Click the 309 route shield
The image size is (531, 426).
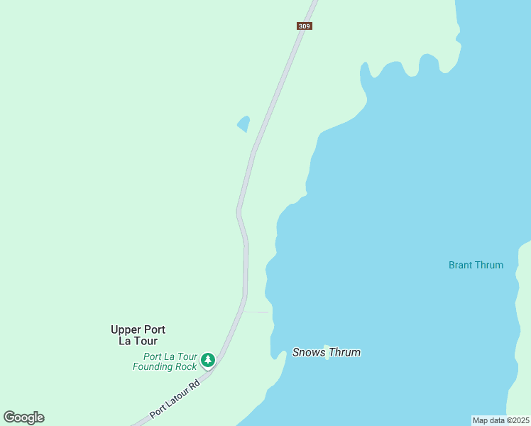[304, 26]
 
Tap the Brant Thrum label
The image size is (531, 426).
[476, 265]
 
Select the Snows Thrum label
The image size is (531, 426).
[327, 352]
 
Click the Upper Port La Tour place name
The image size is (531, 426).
[138, 335]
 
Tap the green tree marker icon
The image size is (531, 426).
[207, 361]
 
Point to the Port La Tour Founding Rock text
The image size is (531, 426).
[165, 361]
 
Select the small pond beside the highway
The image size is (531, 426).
[243, 124]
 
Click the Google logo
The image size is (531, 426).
[23, 417]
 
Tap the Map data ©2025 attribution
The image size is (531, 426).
[500, 420]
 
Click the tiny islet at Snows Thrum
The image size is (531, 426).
[327, 357]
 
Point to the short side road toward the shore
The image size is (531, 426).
[256, 312]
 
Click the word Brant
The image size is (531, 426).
[461, 265]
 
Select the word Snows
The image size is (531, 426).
[308, 352]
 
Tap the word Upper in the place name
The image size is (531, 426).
[125, 329]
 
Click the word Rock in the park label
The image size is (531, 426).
[185, 366]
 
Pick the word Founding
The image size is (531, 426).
[153, 366]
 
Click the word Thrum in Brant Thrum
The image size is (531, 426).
[490, 265]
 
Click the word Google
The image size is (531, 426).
[23, 417]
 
